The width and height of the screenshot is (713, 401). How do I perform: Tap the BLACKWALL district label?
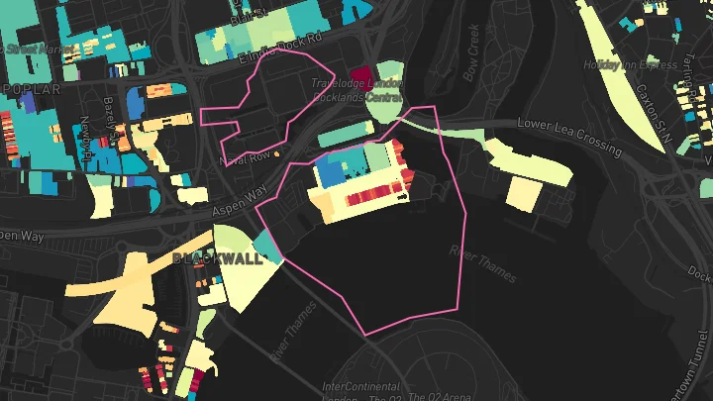click(217, 258)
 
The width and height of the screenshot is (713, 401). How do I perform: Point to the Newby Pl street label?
click(86, 134)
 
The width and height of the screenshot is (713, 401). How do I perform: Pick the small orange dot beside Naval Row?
click(277, 154)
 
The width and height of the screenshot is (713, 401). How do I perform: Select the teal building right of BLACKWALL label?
click(266, 246)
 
